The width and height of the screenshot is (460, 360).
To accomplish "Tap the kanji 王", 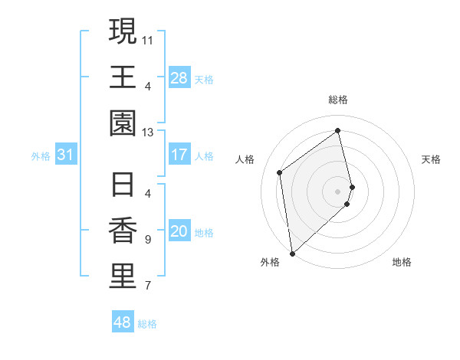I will pos(123,77).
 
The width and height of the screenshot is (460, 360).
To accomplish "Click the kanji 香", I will pos(123,231).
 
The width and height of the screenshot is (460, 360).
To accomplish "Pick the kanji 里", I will pos(123,277).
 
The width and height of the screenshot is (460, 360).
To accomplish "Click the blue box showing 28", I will pos(179,78).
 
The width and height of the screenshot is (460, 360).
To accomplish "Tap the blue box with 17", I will pos(179,155).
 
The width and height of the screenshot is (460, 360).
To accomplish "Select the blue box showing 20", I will pos(179,232).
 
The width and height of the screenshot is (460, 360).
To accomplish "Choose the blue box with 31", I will pos(65,155).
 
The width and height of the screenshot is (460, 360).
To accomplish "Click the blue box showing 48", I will pos(122,322).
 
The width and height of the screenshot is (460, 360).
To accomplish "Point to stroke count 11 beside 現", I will pos(148,38).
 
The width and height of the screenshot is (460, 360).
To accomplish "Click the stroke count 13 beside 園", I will pos(148,132).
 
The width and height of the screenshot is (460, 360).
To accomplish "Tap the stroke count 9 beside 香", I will pos(147,240).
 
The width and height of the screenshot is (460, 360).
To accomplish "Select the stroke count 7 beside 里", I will pos(147,286).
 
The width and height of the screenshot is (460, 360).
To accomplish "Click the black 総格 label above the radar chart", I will pos(338,100).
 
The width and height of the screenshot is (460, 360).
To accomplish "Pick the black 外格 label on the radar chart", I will pos(270,262).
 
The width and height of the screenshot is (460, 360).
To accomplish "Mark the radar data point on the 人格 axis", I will pos(280,172).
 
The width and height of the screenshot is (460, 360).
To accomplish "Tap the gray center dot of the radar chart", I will pos(338,190).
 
